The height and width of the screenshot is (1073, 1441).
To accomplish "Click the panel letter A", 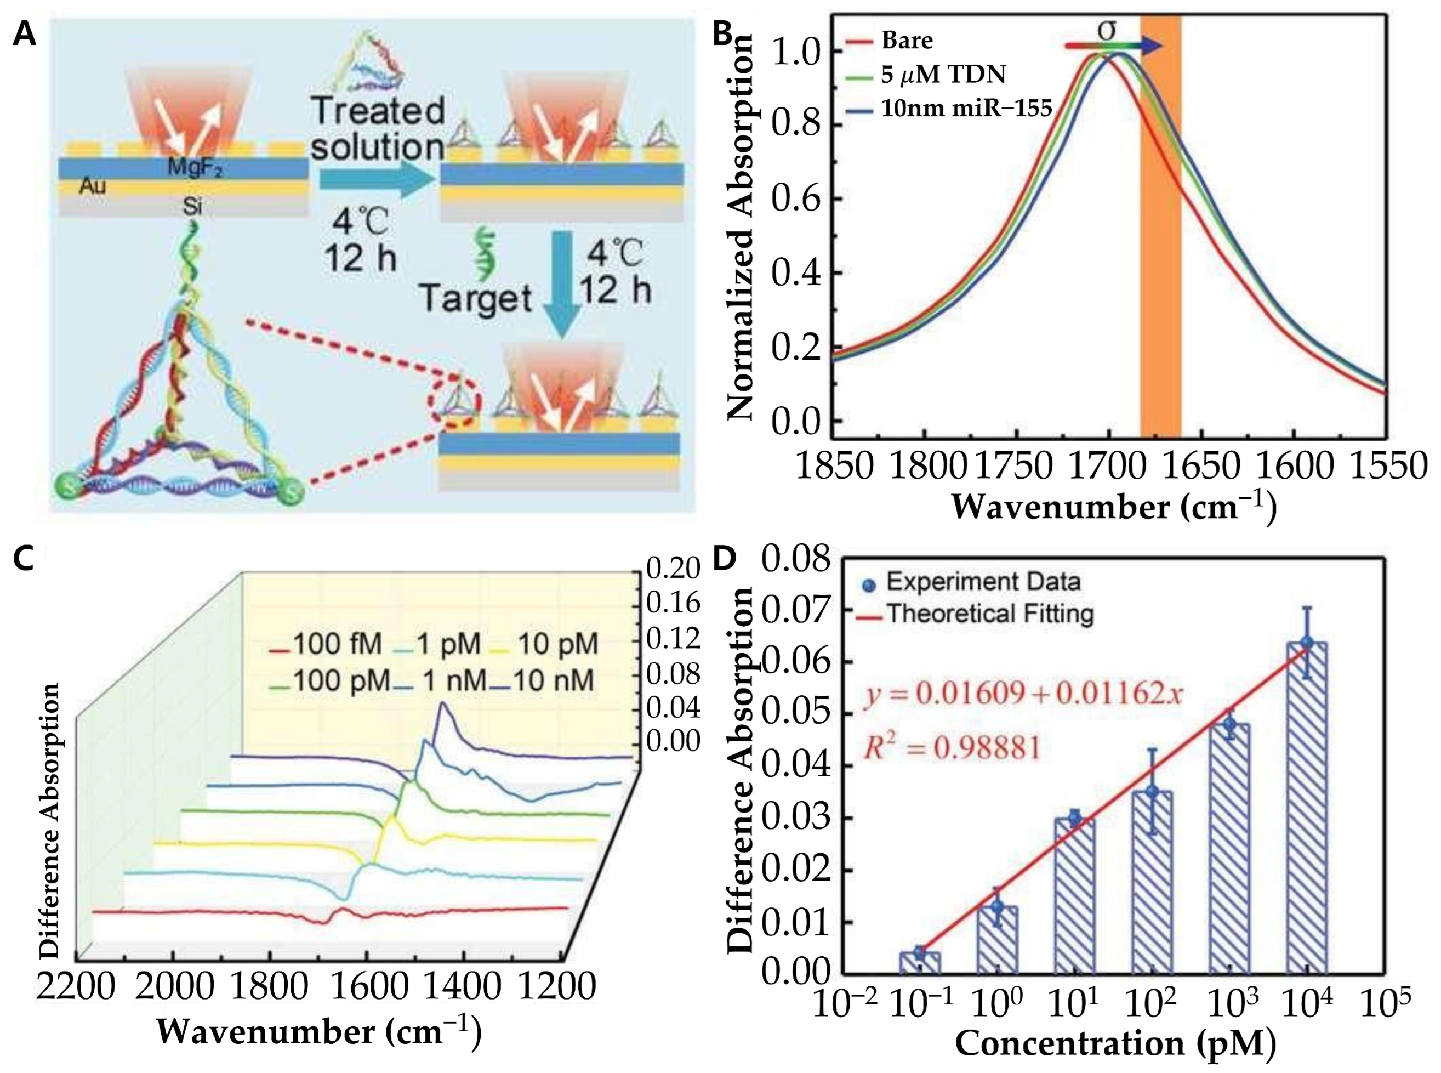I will coord(25,32).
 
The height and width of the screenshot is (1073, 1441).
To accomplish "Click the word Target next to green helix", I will coord(476,299).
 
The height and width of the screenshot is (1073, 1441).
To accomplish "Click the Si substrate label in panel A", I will coord(193,207).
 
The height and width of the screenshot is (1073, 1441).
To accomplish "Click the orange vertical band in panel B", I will coord(1160,260).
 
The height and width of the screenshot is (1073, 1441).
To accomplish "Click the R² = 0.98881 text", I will coord(952,749).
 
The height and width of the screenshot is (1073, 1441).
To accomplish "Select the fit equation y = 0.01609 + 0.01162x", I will coord(1023,694).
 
